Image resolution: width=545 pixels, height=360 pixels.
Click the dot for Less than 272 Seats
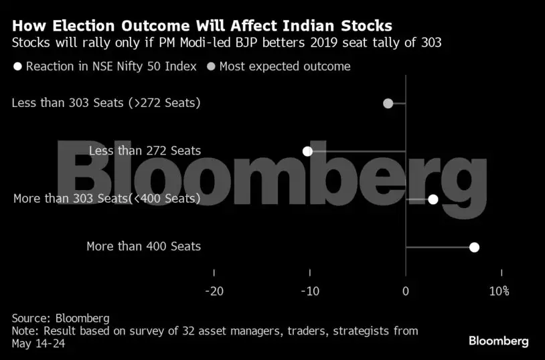(307, 151)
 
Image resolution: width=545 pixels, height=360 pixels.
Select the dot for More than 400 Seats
(474, 248)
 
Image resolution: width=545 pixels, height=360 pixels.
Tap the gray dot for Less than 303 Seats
(388, 103)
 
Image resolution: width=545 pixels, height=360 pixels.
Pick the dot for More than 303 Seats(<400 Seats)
(433, 199)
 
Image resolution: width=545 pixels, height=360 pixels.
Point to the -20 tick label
(214, 291)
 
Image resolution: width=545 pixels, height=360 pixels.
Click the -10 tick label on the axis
(310, 291)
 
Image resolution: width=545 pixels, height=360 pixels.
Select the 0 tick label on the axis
(406, 291)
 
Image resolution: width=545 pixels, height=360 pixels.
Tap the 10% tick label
(499, 291)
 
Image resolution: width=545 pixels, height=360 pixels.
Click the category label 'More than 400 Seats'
(143, 246)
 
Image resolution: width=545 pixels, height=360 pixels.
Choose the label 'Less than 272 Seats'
(145, 151)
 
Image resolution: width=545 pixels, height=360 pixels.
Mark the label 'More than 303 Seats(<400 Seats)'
(106, 199)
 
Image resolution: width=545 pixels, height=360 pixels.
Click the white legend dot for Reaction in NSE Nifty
(17, 66)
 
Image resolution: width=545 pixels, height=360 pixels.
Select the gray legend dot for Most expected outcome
(212, 66)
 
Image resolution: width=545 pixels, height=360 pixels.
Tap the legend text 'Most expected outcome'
(285, 66)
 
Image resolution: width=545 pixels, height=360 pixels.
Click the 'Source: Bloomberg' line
(60, 318)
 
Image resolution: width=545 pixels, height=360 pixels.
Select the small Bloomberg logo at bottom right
(498, 341)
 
